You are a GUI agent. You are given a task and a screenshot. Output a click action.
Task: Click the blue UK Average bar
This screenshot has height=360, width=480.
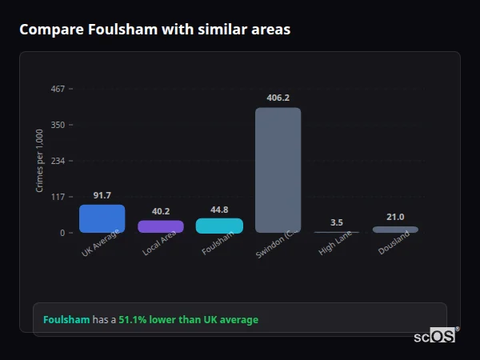pyautogui.click(x=102, y=218)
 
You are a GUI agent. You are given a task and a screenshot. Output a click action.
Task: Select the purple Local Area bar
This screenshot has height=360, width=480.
pyautogui.click(x=161, y=226)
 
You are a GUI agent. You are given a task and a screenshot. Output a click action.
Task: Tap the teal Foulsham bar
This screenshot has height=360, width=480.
pyautogui.click(x=219, y=226)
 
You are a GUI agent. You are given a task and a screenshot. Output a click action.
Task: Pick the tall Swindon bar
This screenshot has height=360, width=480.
pyautogui.click(x=278, y=170)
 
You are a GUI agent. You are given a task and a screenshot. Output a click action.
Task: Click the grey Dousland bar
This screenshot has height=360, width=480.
pyautogui.click(x=395, y=230)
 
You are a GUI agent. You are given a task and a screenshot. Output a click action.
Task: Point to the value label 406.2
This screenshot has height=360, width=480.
pyautogui.click(x=278, y=98)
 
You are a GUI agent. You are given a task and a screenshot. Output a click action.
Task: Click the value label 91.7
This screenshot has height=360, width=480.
pyautogui.click(x=102, y=195)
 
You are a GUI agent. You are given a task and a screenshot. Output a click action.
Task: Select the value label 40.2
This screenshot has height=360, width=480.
pyautogui.click(x=161, y=211)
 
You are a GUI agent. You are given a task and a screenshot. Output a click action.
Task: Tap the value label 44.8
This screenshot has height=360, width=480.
pyautogui.click(x=219, y=210)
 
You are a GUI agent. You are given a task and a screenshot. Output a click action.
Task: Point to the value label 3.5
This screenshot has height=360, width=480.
pyautogui.click(x=337, y=222)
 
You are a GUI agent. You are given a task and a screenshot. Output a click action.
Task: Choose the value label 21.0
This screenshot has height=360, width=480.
pyautogui.click(x=395, y=217)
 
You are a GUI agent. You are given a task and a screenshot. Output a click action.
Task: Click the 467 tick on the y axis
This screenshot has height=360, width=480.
pyautogui.click(x=58, y=89)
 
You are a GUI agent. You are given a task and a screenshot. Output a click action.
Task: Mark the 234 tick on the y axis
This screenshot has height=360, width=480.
pyautogui.click(x=58, y=161)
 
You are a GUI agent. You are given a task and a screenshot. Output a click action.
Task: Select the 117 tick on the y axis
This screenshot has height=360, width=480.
pyautogui.click(x=58, y=197)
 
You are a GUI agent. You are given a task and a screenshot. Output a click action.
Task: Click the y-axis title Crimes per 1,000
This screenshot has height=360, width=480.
pyautogui.click(x=40, y=161)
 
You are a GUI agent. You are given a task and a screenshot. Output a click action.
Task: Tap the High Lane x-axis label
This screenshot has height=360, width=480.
pyautogui.click(x=335, y=243)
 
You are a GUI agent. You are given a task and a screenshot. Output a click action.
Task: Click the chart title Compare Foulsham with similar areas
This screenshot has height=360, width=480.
pyautogui.click(x=154, y=30)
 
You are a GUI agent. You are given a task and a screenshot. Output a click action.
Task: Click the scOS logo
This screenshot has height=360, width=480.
pyautogui.click(x=434, y=336)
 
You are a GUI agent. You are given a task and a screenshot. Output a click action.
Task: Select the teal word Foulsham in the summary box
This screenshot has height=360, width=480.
pyautogui.click(x=66, y=320)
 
